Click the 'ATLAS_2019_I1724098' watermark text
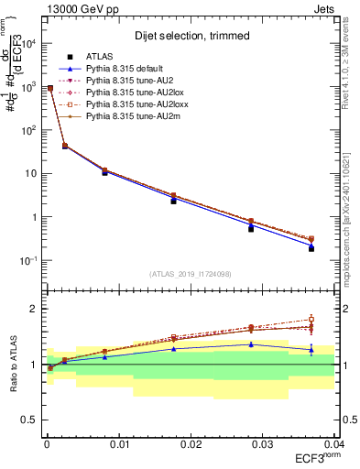[191, 274]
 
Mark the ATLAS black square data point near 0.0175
[173, 200]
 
